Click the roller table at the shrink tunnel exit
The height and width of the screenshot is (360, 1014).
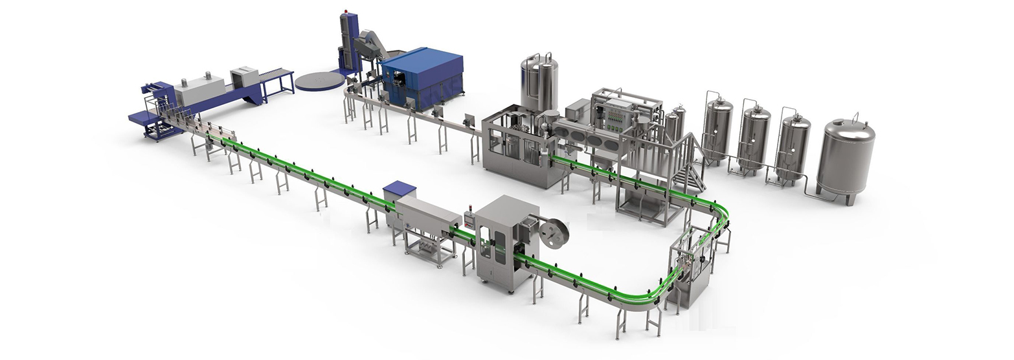point(277,76)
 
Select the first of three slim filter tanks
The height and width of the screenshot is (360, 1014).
point(717,129)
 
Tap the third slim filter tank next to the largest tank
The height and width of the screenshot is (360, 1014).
point(792,146)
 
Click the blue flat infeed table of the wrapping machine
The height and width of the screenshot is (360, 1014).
point(144,117)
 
